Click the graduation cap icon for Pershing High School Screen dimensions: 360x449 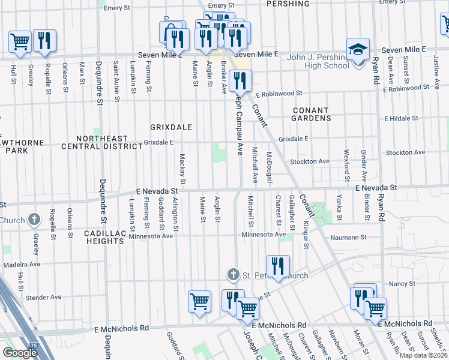(x=358, y=50)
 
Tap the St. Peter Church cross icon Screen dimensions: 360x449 (x=234, y=275)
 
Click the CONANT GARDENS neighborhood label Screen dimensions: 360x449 (x=312, y=115)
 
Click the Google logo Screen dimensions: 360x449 (x=20, y=352)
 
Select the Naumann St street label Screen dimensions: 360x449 (x=349, y=238)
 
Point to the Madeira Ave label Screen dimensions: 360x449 (x=22, y=264)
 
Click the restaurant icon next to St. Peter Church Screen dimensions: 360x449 (x=277, y=266)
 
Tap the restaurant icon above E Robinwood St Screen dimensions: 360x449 (x=240, y=80)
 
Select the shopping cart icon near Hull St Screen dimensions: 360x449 (x=20, y=41)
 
